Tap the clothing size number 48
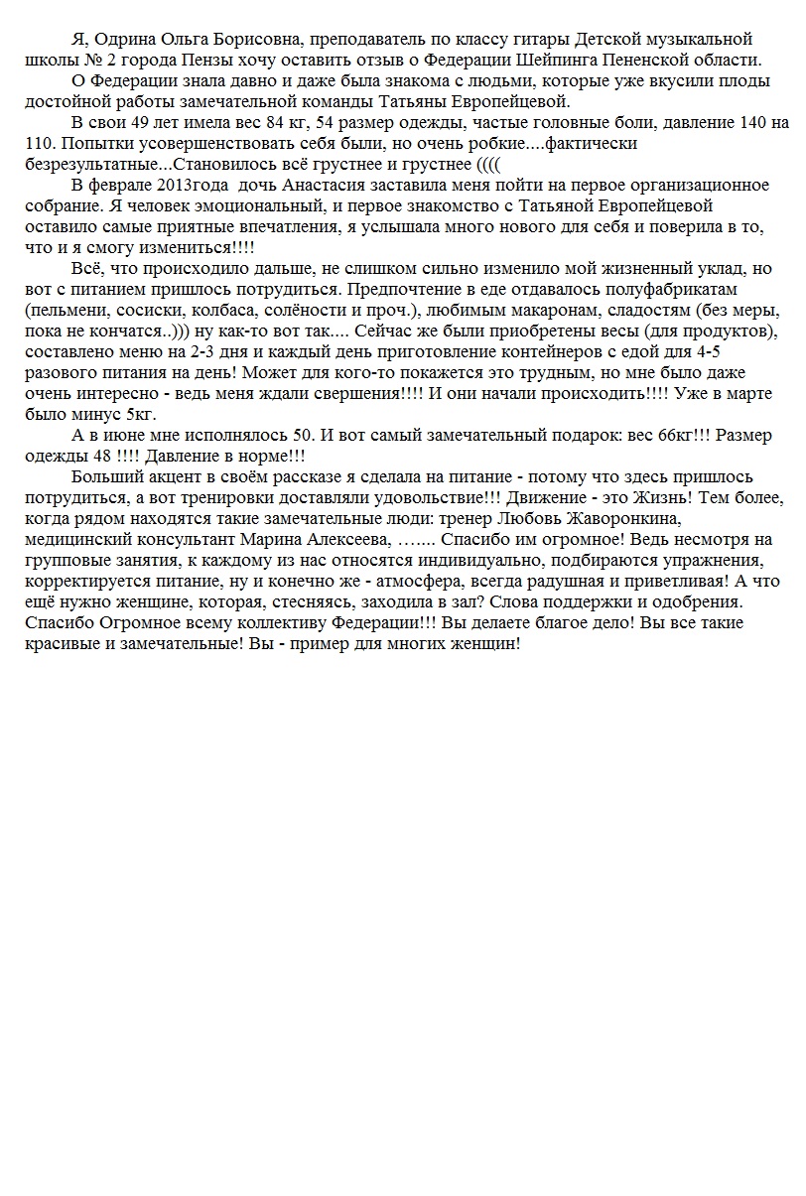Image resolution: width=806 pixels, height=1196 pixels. [x=94, y=457]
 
